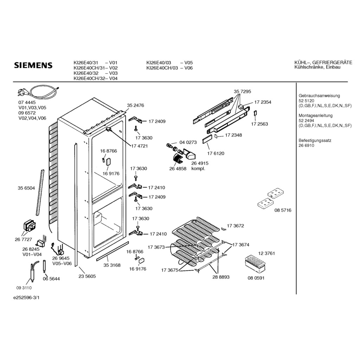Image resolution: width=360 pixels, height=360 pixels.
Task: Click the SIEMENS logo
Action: [33, 65]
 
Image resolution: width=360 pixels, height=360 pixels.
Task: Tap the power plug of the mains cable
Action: [22, 92]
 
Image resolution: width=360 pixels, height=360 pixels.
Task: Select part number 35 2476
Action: [135, 105]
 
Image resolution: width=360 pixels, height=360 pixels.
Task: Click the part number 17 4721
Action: [139, 146]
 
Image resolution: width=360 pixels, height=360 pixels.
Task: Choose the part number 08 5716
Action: [283, 210]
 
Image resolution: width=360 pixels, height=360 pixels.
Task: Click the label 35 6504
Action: [26, 188]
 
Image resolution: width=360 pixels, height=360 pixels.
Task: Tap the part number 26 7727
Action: [24, 240]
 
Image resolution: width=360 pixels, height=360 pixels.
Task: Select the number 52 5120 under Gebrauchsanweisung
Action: [306, 101]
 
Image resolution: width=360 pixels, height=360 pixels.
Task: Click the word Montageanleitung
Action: [315, 115]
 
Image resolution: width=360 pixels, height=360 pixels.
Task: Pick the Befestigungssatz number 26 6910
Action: [306, 145]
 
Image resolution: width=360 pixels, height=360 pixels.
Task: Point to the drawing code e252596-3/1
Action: [26, 298]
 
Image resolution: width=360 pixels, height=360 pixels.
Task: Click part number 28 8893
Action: [221, 277]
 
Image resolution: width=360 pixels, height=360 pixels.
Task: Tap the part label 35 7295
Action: [243, 92]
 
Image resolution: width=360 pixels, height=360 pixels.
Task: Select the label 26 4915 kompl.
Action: [200, 166]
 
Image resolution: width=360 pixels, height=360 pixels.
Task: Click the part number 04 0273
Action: [188, 142]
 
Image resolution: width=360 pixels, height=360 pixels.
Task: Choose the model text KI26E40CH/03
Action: [162, 68]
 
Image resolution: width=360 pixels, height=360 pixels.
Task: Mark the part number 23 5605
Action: [87, 276]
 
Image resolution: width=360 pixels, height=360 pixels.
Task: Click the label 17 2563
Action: [259, 124]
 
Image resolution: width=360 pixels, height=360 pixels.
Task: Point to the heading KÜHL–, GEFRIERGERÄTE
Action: [323, 63]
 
